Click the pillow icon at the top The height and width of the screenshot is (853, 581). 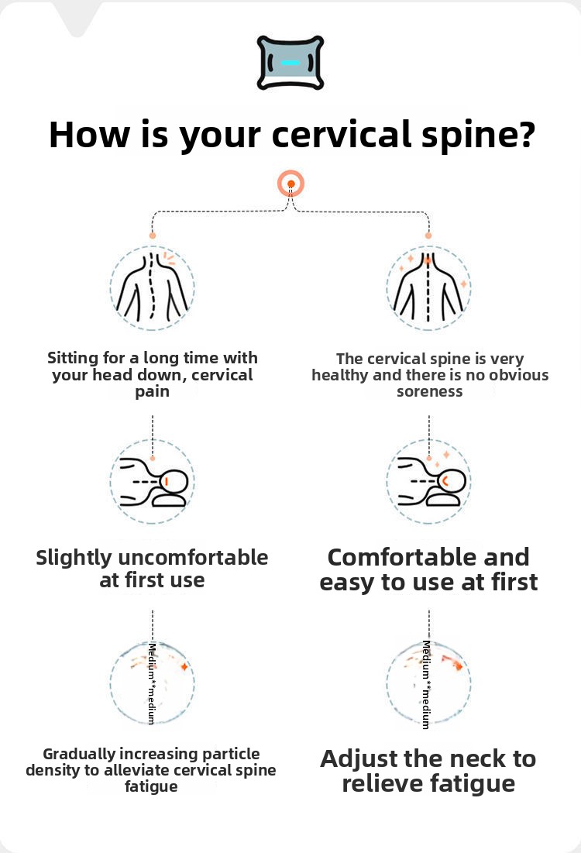tap(290, 63)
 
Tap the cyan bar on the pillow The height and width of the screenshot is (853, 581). tap(290, 63)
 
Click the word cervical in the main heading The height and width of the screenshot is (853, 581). tap(342, 134)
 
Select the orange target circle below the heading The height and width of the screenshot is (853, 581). tap(291, 184)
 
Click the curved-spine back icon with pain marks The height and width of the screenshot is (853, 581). tap(153, 287)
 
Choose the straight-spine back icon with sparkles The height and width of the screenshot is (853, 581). tap(428, 287)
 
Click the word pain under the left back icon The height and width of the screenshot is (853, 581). tap(153, 392)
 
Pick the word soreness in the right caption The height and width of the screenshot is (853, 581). tap(430, 392)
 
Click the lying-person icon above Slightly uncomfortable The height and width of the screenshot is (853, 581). tap(153, 482)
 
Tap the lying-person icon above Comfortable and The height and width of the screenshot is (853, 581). tap(428, 482)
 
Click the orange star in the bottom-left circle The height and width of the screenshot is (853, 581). tap(184, 666)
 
